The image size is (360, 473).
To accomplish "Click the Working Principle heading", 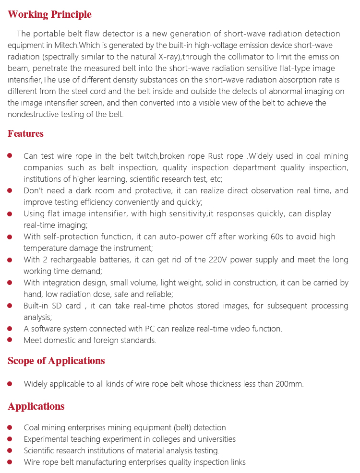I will [x=49, y=14].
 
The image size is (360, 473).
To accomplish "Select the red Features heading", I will [x=25, y=134].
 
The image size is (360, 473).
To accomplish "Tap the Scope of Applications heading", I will [x=56, y=361].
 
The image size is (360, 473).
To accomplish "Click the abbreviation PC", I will [x=150, y=329].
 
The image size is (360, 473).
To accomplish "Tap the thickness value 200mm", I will [x=289, y=384].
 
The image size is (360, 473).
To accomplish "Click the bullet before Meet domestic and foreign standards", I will [x=10, y=340].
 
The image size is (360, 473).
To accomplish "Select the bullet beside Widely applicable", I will [x=10, y=384].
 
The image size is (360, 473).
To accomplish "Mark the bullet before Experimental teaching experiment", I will [x=10, y=439].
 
